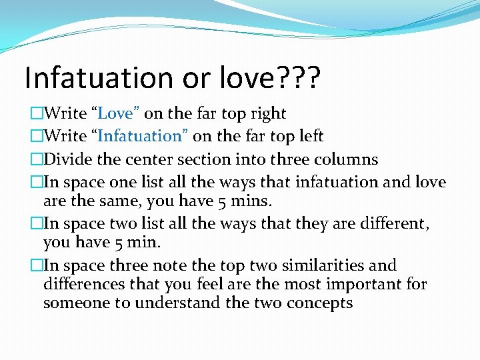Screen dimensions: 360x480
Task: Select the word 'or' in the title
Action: pos(197,78)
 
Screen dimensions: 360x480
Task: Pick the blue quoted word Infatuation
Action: pos(140,137)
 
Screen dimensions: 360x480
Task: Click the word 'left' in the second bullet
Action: pos(309,137)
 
